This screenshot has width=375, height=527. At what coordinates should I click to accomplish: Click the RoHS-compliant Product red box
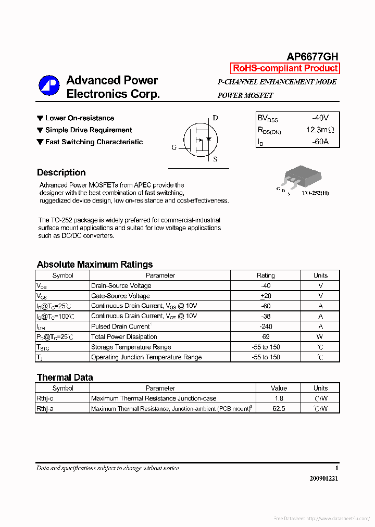point(285,68)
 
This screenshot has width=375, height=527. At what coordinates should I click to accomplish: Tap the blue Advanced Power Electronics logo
point(49,86)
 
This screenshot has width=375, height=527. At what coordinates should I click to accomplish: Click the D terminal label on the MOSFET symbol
point(215,118)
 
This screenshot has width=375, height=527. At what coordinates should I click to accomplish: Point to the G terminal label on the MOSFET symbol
point(174,147)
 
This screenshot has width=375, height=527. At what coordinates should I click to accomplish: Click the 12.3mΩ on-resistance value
point(319,130)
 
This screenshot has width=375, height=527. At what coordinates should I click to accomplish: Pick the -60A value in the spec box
point(320,142)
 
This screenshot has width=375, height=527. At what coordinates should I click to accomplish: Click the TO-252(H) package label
point(315,193)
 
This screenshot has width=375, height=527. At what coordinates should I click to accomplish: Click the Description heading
point(61,173)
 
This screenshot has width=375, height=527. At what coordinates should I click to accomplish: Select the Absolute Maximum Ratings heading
point(95,265)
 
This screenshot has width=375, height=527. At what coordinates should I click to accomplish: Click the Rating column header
point(266,275)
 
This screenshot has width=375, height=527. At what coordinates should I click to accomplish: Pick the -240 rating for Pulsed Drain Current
point(266,327)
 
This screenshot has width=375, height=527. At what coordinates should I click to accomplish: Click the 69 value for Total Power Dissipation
point(266,337)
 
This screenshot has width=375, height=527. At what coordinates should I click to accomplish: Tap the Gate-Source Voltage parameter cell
point(120,296)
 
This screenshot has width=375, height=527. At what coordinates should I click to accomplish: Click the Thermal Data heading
point(65,378)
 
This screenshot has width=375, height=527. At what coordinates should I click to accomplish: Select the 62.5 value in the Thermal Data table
point(279,409)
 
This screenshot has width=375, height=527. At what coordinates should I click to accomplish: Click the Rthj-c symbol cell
point(45,398)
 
